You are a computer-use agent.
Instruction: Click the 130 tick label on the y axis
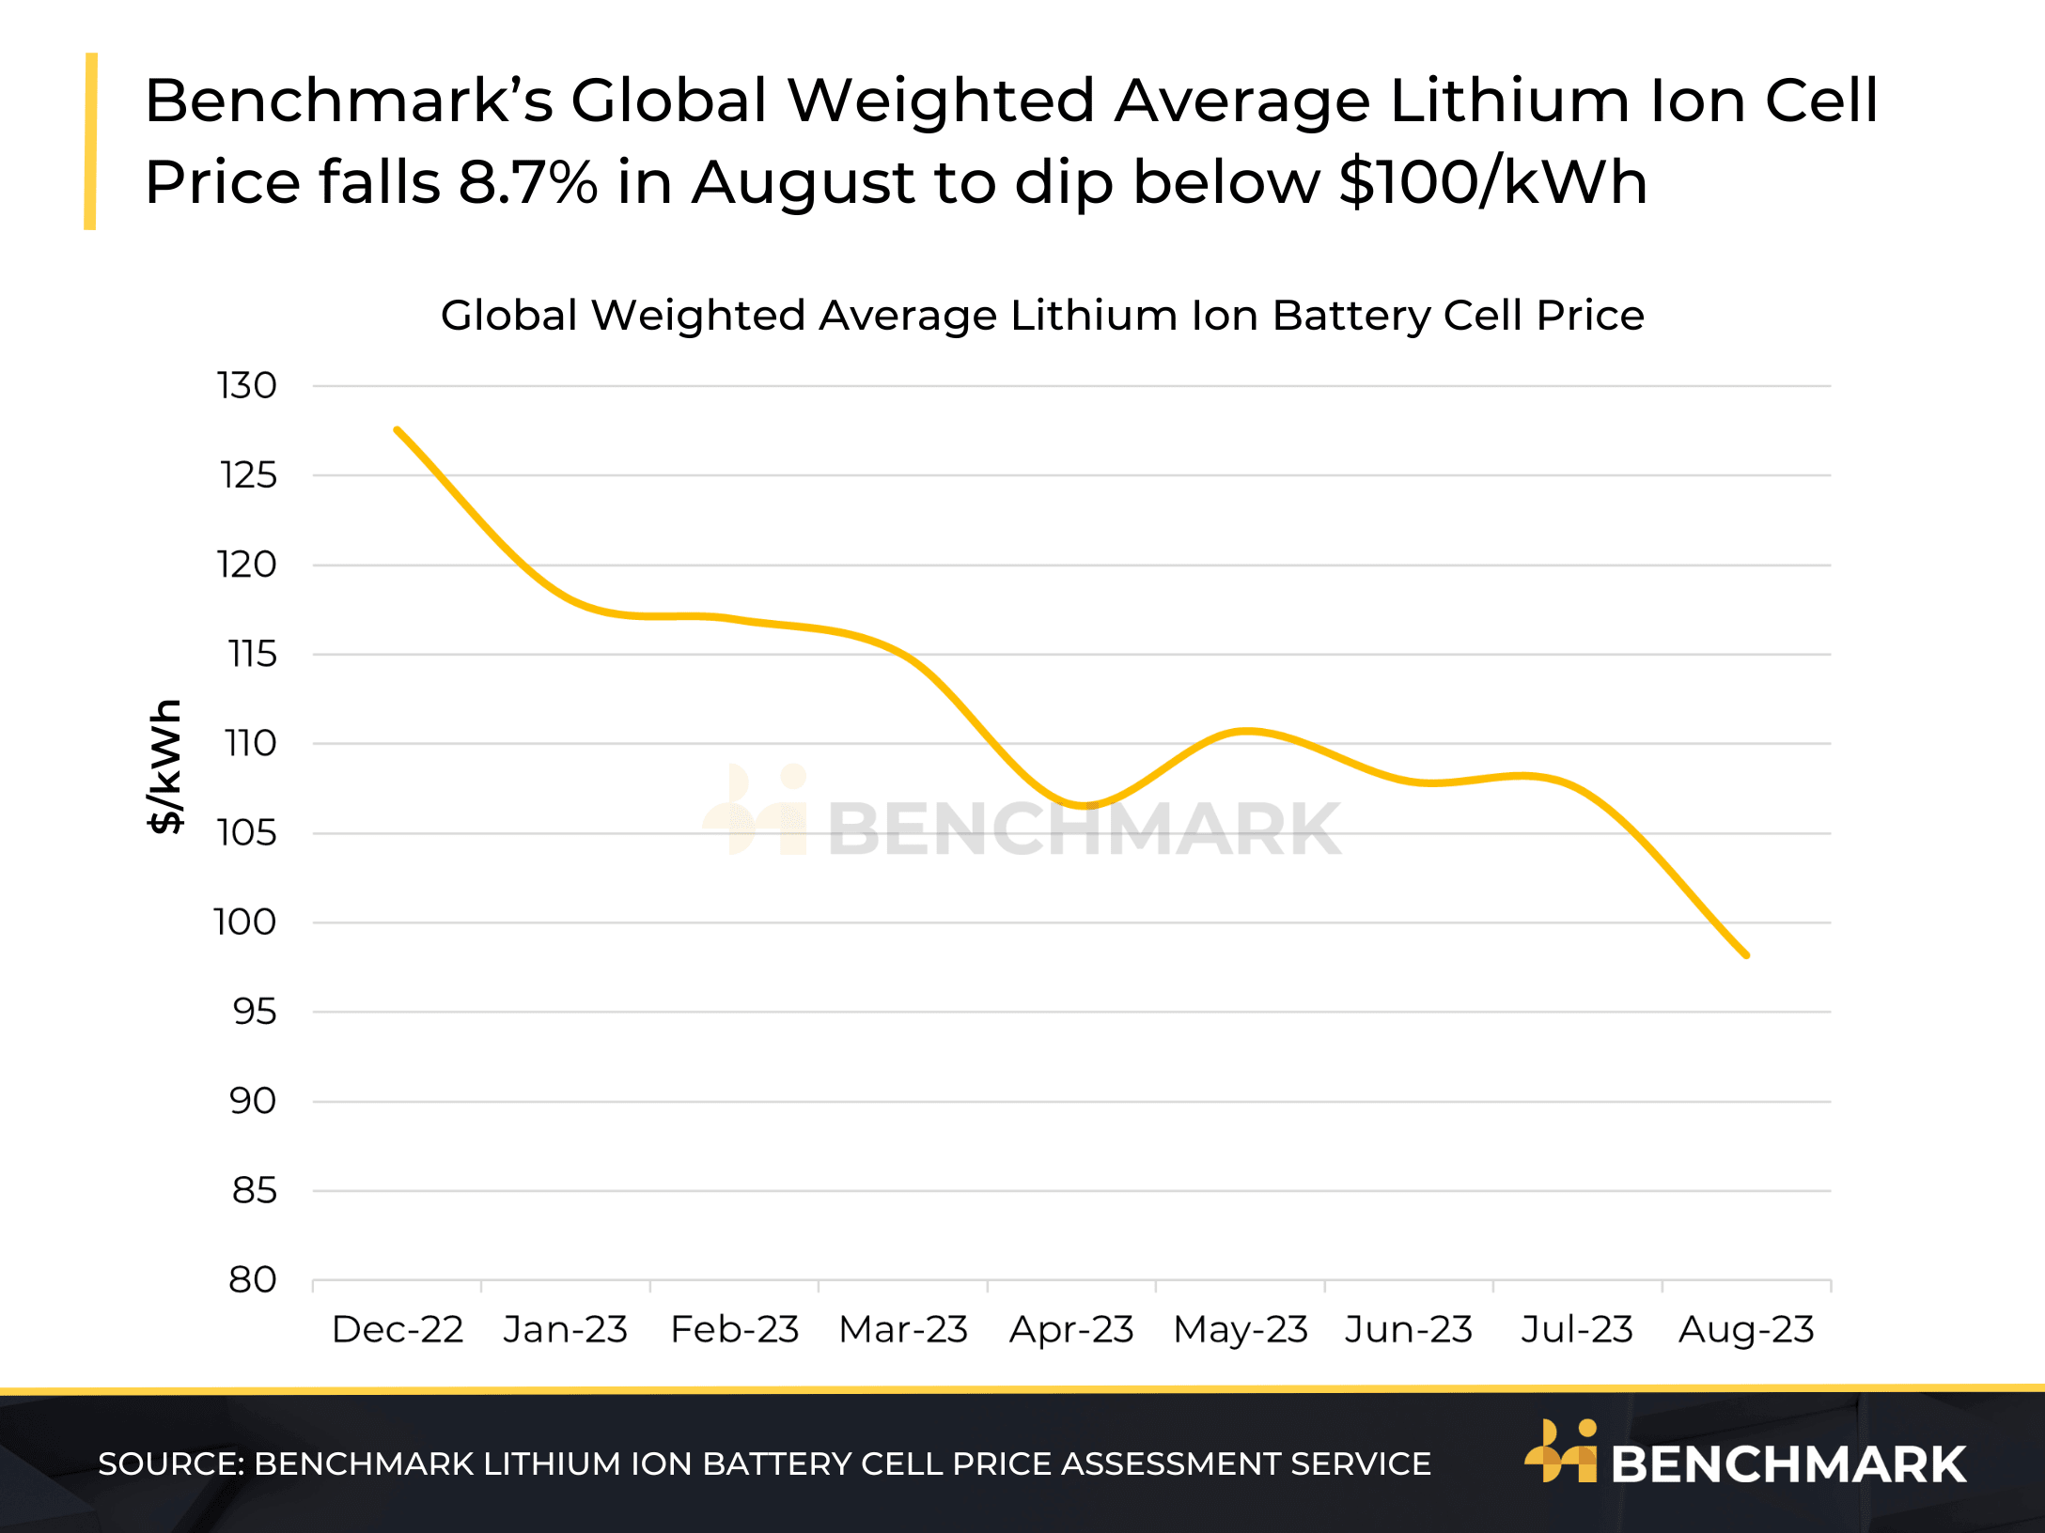(x=246, y=385)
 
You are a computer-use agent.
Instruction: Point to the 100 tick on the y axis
(x=244, y=921)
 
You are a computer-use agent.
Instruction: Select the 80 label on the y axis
(x=252, y=1279)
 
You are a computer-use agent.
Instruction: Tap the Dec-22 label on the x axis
(x=398, y=1329)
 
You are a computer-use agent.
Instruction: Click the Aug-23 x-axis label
(x=1746, y=1329)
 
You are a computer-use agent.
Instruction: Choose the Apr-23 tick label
(x=1071, y=1329)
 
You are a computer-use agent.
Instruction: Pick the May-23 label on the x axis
(x=1241, y=1329)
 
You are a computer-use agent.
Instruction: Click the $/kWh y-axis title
(x=165, y=766)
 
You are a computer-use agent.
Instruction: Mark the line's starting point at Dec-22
(x=398, y=430)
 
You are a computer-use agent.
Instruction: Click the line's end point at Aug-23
(x=1746, y=955)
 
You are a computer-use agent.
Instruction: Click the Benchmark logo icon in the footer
(x=1560, y=1451)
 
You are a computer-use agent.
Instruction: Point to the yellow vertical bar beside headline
(x=90, y=141)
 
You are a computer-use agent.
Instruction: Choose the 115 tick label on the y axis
(x=252, y=654)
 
